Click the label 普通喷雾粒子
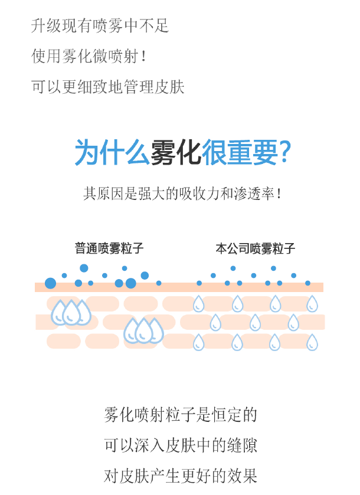(109, 248)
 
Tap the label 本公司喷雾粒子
(256, 248)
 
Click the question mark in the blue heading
(285, 153)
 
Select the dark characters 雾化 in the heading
(176, 153)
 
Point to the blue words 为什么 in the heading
(112, 153)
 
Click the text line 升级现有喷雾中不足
(100, 26)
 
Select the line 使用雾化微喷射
(85, 57)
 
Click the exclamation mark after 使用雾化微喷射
(143, 57)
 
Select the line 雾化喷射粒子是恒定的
(181, 415)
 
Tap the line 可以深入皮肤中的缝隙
(181, 445)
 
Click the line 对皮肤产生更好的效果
(181, 476)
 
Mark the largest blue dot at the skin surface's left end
(51, 283)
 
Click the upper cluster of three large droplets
(71, 313)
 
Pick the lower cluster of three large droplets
(143, 331)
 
